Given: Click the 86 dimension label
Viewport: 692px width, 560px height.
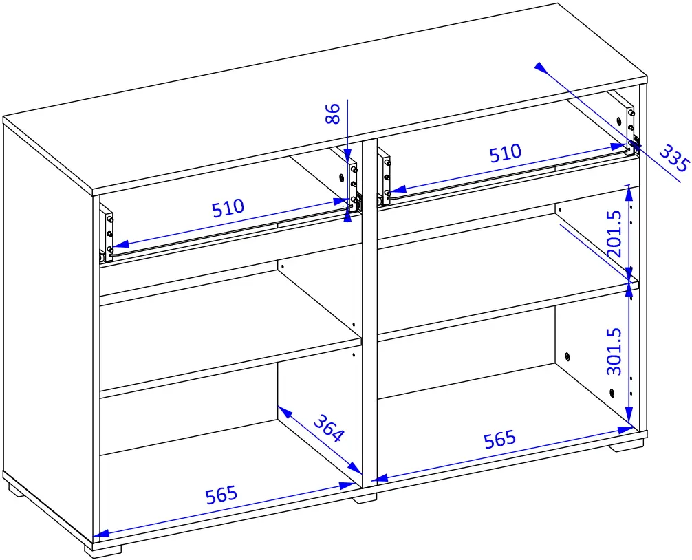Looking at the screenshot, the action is coord(333,114).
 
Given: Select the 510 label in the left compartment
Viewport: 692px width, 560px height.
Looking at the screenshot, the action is coord(228,208).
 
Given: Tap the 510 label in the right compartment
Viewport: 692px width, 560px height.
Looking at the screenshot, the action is coord(505,153).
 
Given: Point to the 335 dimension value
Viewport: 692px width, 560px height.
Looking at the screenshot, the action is coord(674,158).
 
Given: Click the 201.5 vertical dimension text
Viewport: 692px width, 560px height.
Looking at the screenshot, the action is coord(614,234).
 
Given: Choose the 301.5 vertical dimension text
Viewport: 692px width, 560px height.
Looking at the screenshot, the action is coord(614,352).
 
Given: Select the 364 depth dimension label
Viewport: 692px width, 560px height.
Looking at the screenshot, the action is coord(328,428).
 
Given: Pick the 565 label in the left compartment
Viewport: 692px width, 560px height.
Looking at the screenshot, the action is coord(221,495).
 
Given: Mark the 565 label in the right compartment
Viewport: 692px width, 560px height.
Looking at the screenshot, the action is coord(499,439).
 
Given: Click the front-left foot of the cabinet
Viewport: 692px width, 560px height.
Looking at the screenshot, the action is coord(102,549).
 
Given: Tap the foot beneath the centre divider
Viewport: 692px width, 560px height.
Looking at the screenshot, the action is coord(365,499).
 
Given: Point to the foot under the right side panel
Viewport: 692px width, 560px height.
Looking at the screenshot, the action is coord(625,446).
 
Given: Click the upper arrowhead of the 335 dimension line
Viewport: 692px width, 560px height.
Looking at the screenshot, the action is coord(540,67).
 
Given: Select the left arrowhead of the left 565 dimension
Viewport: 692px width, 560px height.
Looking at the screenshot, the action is coord(101,534).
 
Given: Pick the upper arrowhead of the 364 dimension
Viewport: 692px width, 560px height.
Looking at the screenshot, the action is coord(285,411).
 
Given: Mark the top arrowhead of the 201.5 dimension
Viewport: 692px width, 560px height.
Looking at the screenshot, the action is coord(629,191).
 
